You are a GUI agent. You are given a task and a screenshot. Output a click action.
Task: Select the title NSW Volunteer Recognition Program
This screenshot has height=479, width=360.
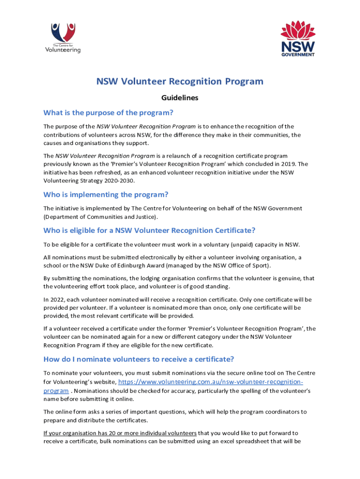tap(180, 81)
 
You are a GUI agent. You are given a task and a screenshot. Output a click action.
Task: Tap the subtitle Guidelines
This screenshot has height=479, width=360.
tap(180, 98)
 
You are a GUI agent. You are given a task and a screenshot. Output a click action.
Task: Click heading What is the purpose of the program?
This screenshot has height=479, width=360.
tap(108, 113)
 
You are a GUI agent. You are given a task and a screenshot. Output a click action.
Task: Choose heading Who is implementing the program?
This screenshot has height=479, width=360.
tap(106, 195)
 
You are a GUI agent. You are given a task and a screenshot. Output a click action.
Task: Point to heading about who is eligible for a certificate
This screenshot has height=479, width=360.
tap(149, 230)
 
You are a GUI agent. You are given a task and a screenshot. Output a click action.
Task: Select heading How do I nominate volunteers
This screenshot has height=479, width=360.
tap(138, 359)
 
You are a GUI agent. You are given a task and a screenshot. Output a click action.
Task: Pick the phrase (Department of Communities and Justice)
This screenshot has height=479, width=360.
tap(101, 217)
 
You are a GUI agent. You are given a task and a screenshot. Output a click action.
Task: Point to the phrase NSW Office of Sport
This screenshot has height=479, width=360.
tap(245, 266)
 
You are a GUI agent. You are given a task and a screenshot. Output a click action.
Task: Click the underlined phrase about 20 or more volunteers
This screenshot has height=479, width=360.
tap(120, 433)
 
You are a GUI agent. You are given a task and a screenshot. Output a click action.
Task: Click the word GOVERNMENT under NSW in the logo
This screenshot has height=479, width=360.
tap(297, 54)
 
